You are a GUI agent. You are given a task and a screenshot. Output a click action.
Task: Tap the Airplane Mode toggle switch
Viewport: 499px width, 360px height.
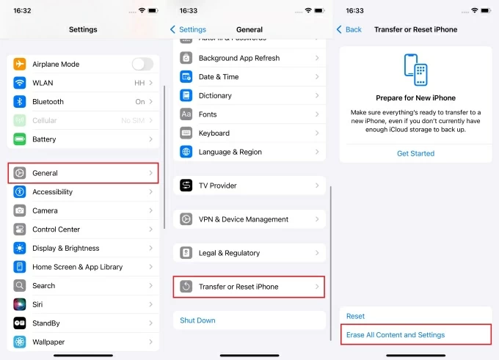pos(142,64)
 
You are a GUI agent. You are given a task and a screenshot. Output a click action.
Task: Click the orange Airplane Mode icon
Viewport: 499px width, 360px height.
pos(20,64)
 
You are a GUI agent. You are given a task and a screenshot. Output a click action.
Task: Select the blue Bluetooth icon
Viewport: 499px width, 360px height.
pos(20,101)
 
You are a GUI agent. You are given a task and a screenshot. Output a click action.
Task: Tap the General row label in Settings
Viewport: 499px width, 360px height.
pos(45,173)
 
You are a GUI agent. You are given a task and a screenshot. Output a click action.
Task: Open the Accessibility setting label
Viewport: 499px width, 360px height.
pos(53,192)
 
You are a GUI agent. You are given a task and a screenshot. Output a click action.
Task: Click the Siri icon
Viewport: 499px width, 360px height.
pos(20,304)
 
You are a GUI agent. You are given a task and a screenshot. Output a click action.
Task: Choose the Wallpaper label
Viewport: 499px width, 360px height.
pos(48,342)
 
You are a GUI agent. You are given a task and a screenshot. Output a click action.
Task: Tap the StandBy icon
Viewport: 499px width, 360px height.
pos(20,323)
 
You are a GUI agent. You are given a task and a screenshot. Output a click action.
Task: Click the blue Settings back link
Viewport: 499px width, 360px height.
pos(189,29)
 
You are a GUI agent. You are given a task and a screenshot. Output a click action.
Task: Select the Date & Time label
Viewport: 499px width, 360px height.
pos(219,77)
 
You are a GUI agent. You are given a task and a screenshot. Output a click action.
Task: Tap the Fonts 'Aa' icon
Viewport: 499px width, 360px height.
pos(186,114)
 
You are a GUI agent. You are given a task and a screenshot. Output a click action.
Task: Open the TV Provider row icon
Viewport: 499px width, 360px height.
pos(186,185)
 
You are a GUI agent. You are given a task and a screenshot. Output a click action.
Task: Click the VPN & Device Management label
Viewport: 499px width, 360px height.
pos(244,219)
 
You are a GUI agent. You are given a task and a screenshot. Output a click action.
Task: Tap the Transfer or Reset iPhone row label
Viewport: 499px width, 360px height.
pos(238,287)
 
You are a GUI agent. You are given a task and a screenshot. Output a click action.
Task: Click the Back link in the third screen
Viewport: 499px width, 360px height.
pos(349,29)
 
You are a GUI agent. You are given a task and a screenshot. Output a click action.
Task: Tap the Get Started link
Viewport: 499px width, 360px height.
pos(415,153)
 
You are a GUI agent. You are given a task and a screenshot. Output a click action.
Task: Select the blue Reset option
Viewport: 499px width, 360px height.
pos(355,316)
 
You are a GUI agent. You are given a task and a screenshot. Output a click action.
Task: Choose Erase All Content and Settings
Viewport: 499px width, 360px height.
pos(396,335)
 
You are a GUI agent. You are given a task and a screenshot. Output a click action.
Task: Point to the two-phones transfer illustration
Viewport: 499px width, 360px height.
pos(415,70)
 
